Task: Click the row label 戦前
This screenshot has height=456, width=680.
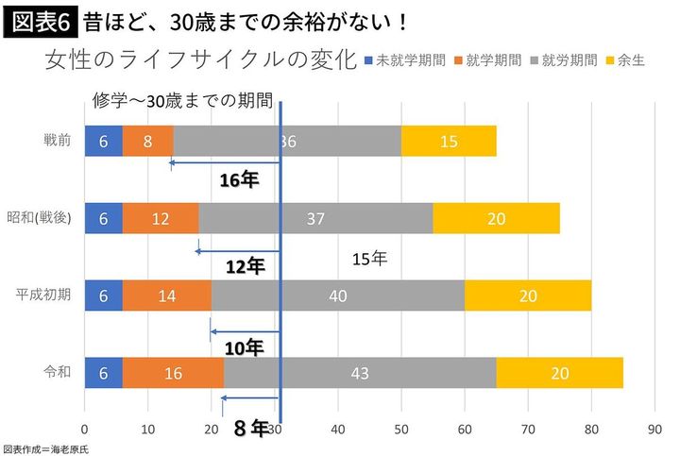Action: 58,140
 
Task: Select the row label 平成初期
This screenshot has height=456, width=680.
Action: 44,295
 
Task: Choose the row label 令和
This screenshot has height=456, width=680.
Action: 58,372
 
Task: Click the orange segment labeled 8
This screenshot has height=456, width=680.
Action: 148,141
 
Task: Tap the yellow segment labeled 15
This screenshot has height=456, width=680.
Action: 449,141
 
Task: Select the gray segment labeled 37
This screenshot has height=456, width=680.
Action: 315,218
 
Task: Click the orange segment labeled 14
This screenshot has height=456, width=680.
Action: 167,296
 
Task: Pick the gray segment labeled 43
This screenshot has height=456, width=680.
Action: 360,373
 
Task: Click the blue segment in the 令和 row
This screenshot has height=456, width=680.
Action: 104,373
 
